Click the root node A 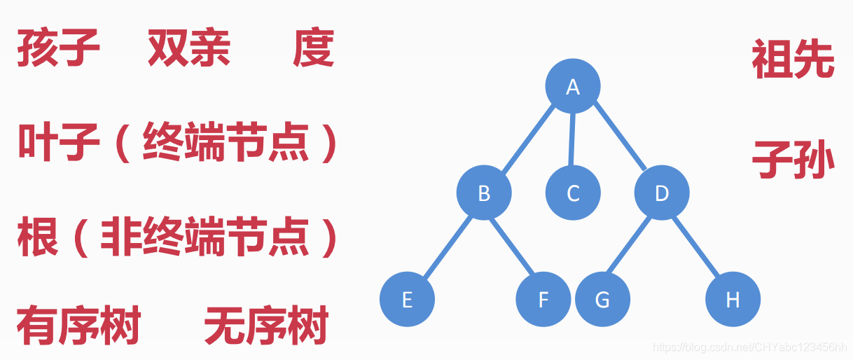click(x=573, y=86)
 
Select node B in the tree click(x=484, y=193)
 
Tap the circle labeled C click(x=573, y=193)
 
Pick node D click(x=662, y=193)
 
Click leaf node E click(x=407, y=300)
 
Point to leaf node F click(x=543, y=300)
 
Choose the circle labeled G click(x=602, y=300)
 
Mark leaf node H click(x=733, y=300)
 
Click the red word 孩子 click(x=59, y=49)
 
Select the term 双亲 click(x=189, y=49)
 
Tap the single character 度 click(x=313, y=49)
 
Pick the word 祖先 click(x=793, y=60)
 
